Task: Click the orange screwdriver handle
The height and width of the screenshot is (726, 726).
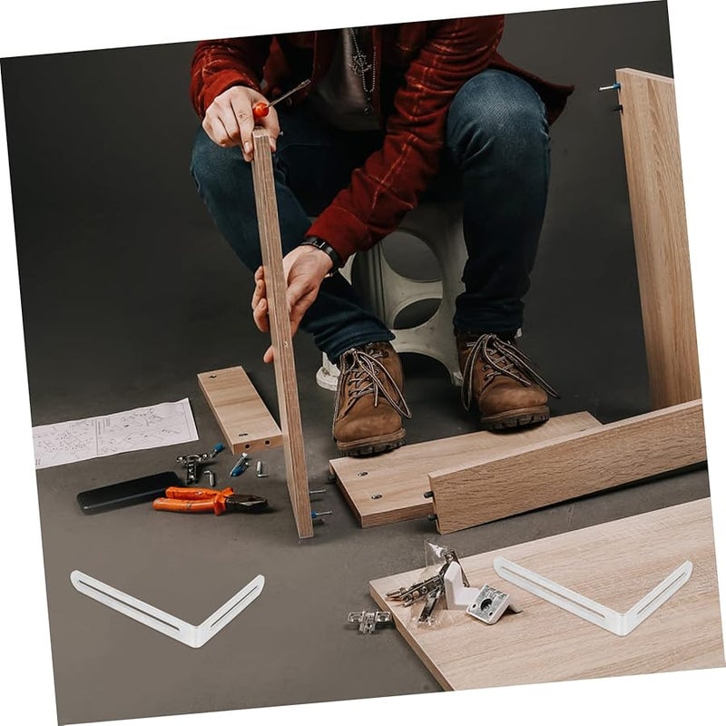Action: pos(261,109)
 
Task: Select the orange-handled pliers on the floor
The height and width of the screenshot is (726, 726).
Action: pos(207,500)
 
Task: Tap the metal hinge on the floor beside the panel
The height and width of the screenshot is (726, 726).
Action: pos(369,621)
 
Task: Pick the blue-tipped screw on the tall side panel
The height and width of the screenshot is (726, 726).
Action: pos(608,88)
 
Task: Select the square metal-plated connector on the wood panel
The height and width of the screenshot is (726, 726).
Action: pos(490,603)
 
